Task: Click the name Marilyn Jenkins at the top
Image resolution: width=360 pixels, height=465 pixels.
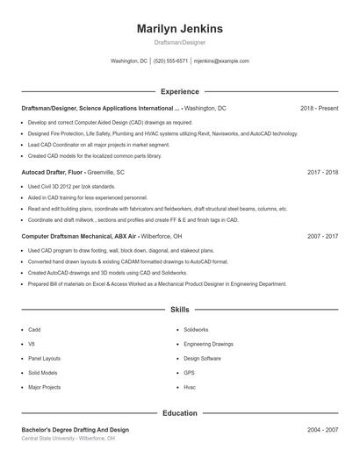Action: click(x=179, y=28)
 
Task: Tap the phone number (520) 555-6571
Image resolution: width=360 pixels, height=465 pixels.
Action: click(x=170, y=61)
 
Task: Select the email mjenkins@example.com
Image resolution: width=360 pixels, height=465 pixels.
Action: click(x=221, y=61)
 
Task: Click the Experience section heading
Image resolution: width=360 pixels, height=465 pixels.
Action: click(x=179, y=91)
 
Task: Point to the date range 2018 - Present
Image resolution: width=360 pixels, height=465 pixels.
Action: click(x=319, y=108)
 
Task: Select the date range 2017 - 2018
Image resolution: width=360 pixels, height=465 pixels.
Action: click(x=322, y=173)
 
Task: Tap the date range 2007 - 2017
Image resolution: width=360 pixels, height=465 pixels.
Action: click(x=322, y=237)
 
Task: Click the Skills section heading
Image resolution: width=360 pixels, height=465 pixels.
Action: click(x=179, y=310)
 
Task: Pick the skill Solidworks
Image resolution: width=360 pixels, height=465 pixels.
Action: click(x=196, y=330)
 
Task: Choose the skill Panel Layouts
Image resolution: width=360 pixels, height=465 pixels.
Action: click(x=44, y=359)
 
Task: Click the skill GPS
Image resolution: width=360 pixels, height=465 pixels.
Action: click(x=189, y=373)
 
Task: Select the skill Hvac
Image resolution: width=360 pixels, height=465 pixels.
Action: click(x=190, y=387)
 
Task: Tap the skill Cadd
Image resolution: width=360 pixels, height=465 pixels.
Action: click(x=34, y=330)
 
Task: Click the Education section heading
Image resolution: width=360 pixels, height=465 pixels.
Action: click(x=179, y=412)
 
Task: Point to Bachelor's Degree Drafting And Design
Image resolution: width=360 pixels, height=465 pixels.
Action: click(x=75, y=430)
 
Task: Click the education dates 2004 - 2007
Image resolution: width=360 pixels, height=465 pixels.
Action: click(x=322, y=430)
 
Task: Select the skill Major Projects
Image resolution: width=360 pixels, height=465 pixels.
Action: click(x=44, y=387)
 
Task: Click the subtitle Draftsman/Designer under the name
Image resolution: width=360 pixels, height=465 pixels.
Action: click(x=179, y=42)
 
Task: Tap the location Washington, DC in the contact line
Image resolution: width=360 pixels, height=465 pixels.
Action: click(x=129, y=61)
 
